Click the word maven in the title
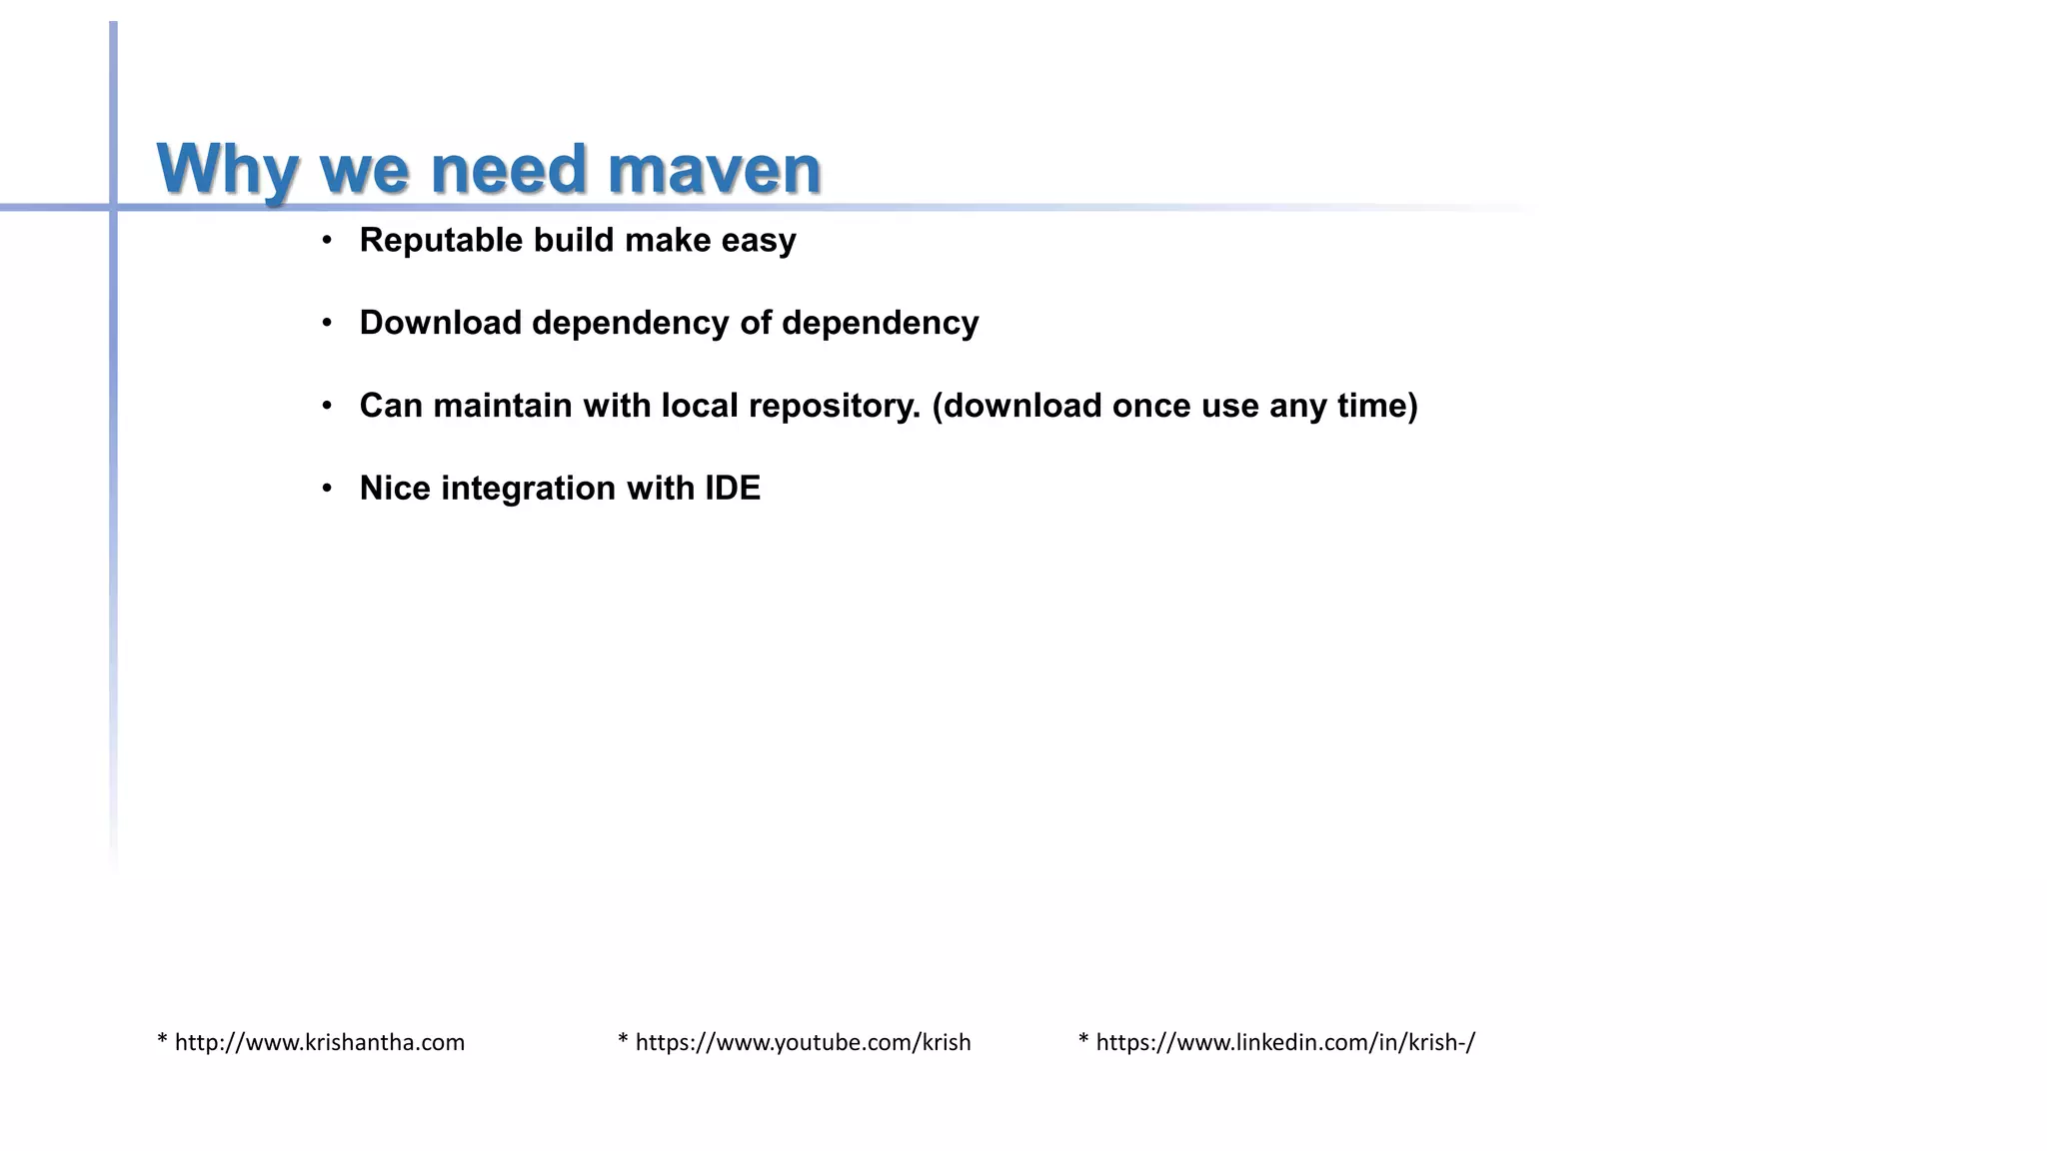(714, 169)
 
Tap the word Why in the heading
(227, 169)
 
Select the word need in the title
(508, 169)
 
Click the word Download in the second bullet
(440, 323)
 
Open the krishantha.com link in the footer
(319, 1042)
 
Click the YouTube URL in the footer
(803, 1042)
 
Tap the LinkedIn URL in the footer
(1284, 1042)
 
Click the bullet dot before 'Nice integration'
(327, 489)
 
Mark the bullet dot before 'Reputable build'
(327, 241)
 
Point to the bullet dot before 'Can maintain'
(327, 406)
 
